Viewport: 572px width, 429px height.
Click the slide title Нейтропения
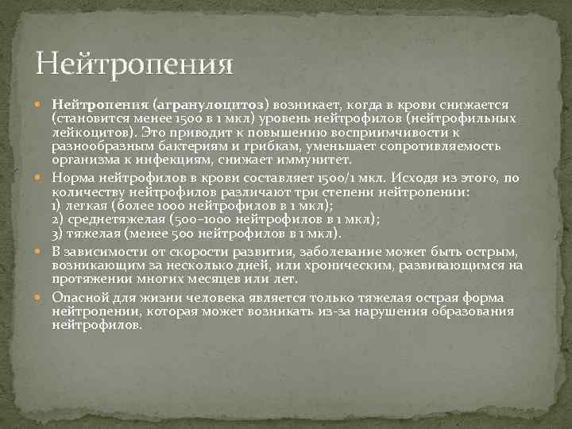134,63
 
